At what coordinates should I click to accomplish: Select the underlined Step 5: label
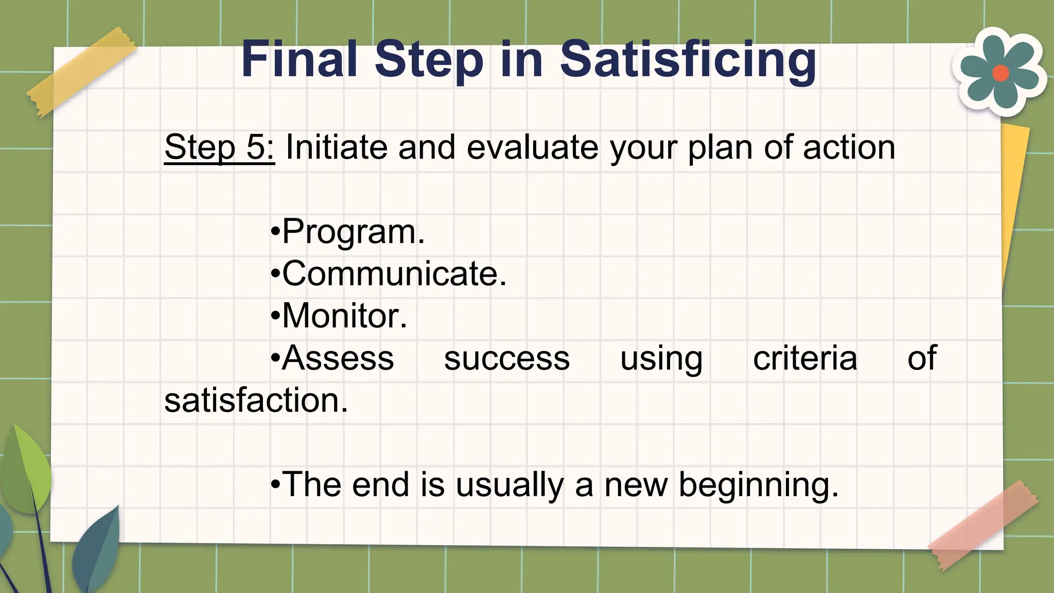pyautogui.click(x=219, y=147)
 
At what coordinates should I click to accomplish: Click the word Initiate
pyautogui.click(x=336, y=147)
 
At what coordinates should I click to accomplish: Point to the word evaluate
pyautogui.click(x=532, y=147)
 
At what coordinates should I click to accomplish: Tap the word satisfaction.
pyautogui.click(x=256, y=400)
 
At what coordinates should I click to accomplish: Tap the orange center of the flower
pyautogui.click(x=1000, y=73)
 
